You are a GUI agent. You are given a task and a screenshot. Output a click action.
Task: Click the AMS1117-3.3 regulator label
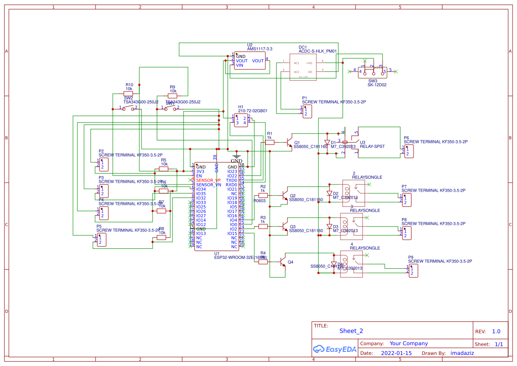pos(260,49)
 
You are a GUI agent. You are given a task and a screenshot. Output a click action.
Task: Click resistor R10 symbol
pos(128,93)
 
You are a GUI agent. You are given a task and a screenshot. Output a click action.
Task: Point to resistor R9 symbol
pos(172,96)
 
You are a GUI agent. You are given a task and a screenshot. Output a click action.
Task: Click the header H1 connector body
pos(241,120)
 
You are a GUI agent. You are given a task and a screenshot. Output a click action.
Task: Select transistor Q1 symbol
pos(290,143)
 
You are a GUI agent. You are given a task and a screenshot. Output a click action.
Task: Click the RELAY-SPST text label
pos(372,146)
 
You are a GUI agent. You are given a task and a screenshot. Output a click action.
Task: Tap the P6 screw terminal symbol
pos(408,151)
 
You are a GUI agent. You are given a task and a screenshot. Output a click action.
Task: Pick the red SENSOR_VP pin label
pos(208,181)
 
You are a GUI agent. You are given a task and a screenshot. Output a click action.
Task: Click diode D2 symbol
pos(329,193)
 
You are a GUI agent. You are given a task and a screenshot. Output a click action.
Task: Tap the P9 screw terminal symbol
pos(413,270)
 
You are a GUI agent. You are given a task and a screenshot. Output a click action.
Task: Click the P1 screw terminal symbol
pos(307,111)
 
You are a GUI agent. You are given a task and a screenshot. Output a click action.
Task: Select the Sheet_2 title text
pos(351,331)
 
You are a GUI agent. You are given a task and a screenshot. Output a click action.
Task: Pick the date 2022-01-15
pos(396,353)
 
